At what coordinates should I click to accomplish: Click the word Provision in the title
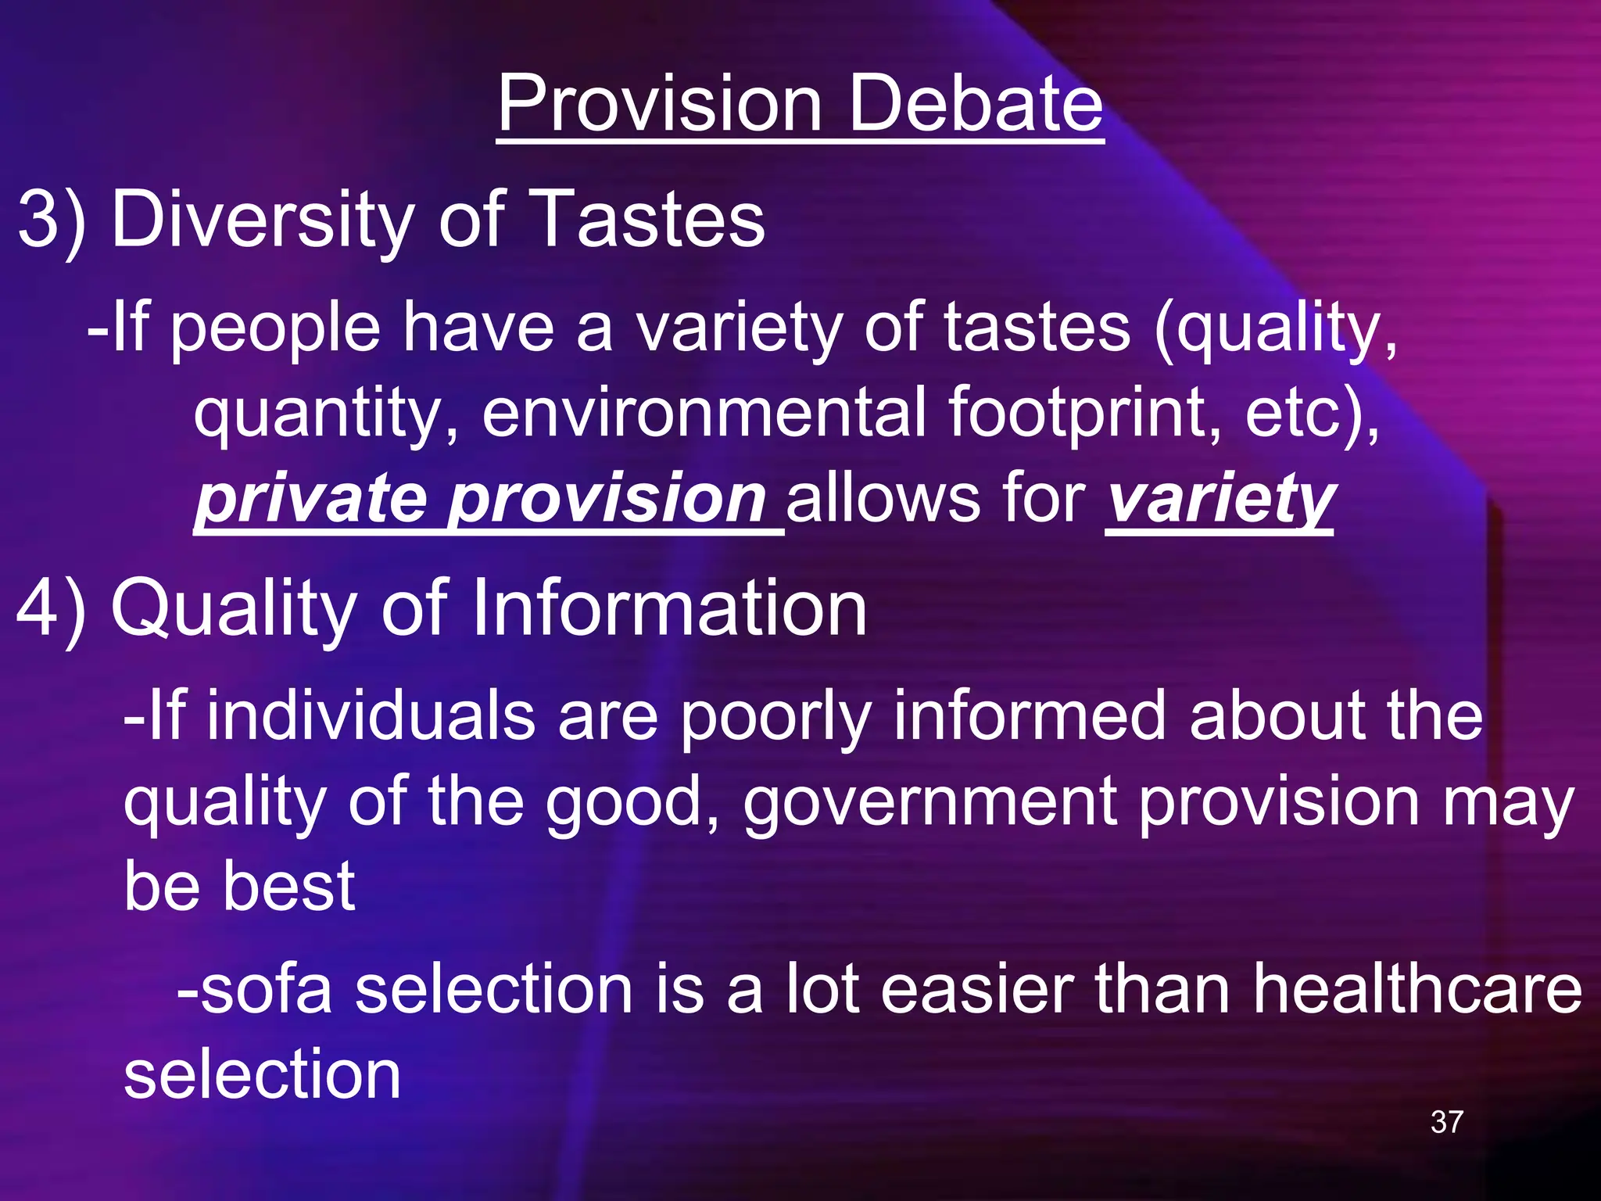click(x=659, y=103)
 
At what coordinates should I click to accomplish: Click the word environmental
click(x=704, y=412)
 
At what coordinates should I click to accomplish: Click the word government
click(x=929, y=804)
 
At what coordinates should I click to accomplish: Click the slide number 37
click(x=1446, y=1122)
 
